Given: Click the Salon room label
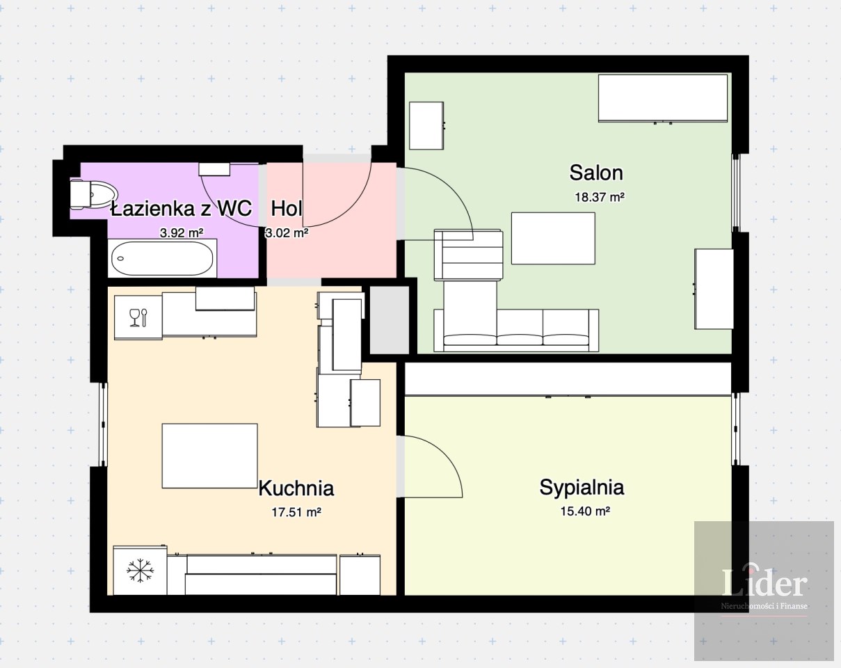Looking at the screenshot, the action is click(x=596, y=173).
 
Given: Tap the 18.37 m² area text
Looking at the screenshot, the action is click(x=600, y=197).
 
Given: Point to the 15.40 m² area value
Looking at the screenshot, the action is click(x=586, y=511).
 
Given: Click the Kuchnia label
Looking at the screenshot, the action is click(x=296, y=488).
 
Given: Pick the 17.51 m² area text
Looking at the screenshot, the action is click(x=296, y=512).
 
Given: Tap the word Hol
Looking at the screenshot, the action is click(x=287, y=208).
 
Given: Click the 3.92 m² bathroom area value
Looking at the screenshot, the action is click(x=182, y=233).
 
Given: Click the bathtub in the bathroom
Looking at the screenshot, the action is click(x=162, y=258).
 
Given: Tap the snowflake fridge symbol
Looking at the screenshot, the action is click(x=140, y=571).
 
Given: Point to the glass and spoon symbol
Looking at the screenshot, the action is click(x=138, y=317).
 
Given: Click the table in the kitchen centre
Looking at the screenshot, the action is click(x=210, y=456).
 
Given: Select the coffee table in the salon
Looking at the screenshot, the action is click(x=554, y=239).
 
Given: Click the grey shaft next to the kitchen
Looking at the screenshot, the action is click(x=390, y=319).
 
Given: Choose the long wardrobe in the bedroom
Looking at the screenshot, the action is click(x=568, y=379).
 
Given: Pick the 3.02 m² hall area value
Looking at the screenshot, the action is click(x=287, y=233).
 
